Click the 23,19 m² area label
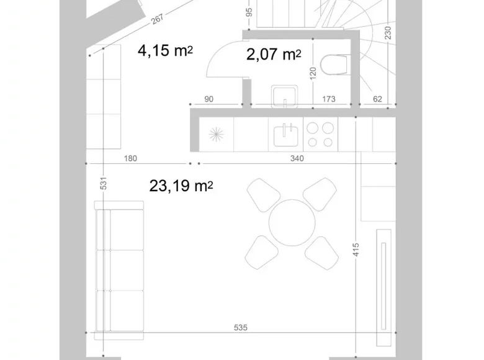(x=181, y=186)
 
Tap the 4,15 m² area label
(x=165, y=50)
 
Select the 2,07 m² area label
(x=274, y=55)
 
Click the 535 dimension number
(x=241, y=327)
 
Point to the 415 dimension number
(x=356, y=250)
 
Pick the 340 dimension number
(x=297, y=158)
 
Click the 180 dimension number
(x=130, y=158)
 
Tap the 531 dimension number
(x=104, y=183)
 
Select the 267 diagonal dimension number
(x=157, y=19)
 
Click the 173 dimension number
(x=329, y=99)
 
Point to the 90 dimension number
(x=208, y=99)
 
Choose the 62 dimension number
(x=377, y=99)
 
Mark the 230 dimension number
(x=388, y=33)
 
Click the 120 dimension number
(x=313, y=73)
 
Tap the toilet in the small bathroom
(x=336, y=65)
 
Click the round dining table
(x=292, y=222)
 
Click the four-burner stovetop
(x=320, y=134)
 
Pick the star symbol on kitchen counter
(x=217, y=135)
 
